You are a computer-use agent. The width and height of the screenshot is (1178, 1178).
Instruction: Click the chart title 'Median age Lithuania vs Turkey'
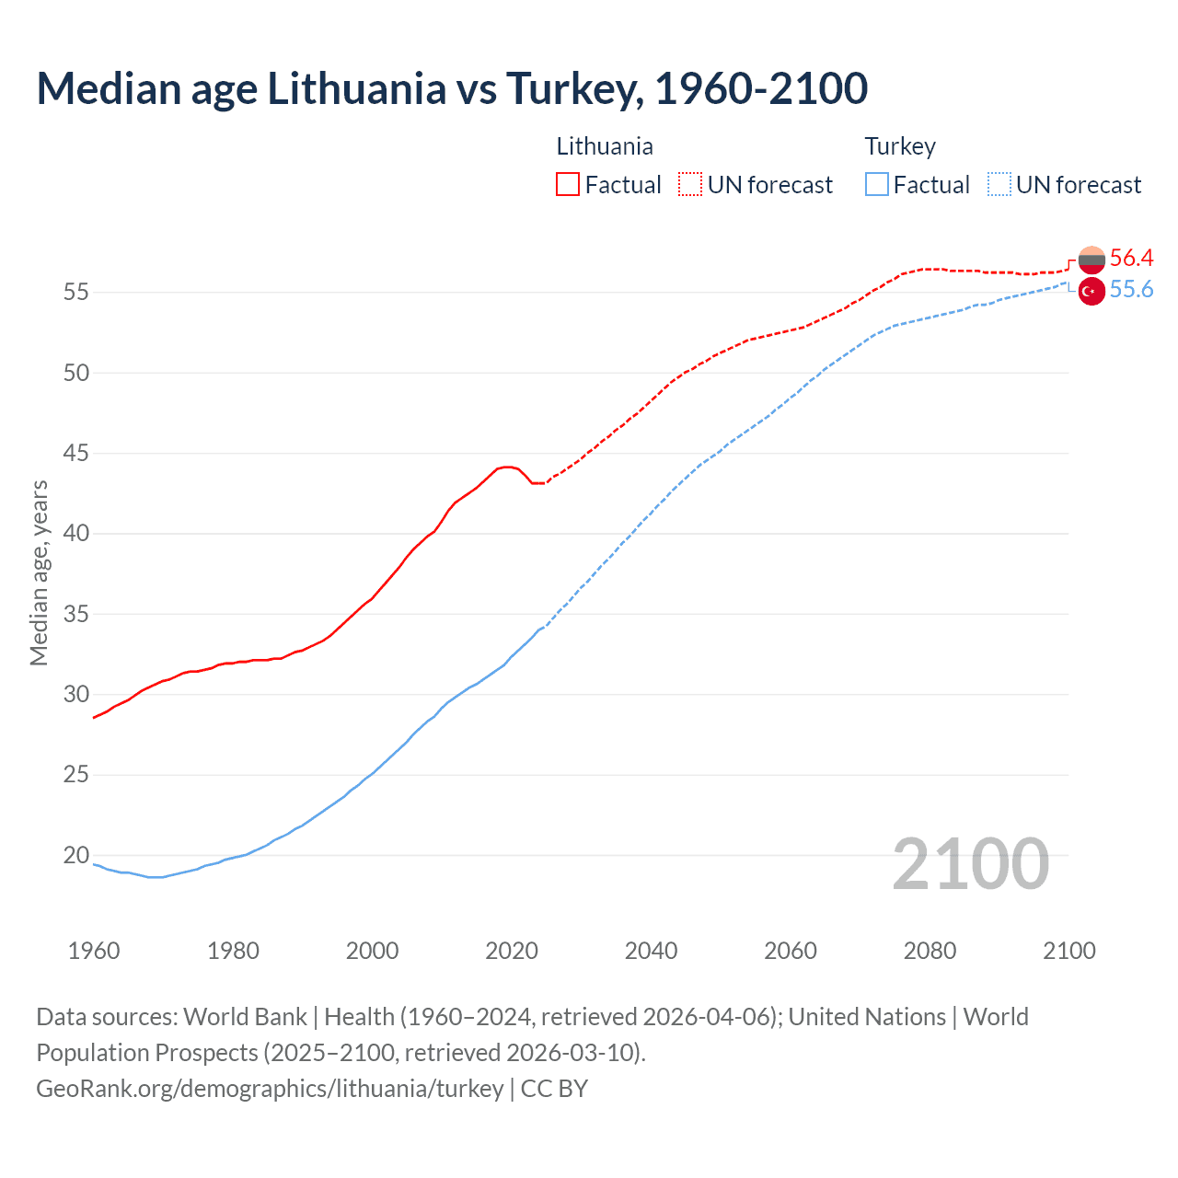coord(451,88)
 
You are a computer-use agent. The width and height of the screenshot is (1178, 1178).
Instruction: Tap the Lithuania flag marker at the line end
coord(1091,260)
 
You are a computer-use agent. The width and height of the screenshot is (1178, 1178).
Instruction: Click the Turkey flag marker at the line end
coord(1091,291)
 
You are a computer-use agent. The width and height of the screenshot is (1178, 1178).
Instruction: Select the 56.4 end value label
coord(1131,258)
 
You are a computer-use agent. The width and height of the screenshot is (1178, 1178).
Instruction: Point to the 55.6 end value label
coord(1131,290)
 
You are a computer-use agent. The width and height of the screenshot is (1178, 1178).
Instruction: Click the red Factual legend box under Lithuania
coord(568,185)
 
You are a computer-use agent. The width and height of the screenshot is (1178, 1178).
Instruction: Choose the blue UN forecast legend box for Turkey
coord(999,185)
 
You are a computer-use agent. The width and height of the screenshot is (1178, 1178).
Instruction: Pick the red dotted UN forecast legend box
coord(690,185)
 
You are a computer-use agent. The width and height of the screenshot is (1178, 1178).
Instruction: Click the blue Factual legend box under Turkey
coord(877,185)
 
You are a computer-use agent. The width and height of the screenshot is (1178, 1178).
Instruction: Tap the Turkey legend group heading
coord(900,146)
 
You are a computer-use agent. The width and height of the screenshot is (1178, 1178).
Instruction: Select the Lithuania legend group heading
coord(605,146)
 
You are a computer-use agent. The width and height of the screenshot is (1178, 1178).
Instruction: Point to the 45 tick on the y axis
coord(76,453)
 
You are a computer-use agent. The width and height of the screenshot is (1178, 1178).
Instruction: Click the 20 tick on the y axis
coord(76,855)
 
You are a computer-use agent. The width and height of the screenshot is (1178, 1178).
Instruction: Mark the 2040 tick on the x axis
coord(651,951)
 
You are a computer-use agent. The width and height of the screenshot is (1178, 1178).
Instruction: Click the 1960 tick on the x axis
coord(94,951)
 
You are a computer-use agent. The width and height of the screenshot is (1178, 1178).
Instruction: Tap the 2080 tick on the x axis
coord(930,951)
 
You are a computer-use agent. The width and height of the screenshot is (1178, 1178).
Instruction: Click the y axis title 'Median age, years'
coord(39,572)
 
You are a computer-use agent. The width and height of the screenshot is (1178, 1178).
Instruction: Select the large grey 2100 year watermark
coord(970,863)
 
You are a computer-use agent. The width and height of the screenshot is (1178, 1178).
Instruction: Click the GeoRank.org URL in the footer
coord(270,1088)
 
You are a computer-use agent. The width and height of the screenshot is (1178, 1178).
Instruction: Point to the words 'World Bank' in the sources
coord(245,1017)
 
